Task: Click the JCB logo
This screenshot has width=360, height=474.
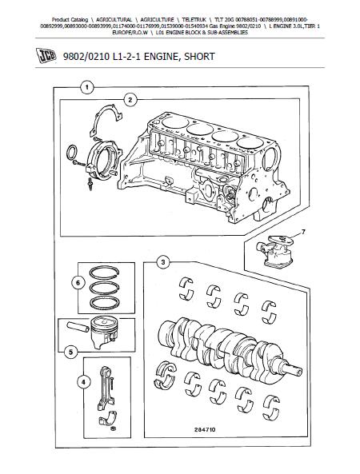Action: [46, 56]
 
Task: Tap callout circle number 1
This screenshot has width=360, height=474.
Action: [87, 88]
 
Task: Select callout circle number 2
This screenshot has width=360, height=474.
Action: [130, 100]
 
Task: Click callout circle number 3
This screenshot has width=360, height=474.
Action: [163, 262]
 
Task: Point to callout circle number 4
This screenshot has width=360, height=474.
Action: [84, 382]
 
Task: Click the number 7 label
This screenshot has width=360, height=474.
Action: [303, 232]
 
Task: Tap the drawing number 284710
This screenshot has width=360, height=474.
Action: [205, 429]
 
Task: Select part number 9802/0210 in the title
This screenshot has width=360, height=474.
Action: [86, 56]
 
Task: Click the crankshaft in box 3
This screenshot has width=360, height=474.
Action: [230, 349]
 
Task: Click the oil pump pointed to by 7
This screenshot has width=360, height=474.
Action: [275, 250]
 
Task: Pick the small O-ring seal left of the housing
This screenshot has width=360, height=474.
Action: [72, 153]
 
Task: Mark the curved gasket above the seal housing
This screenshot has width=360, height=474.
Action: [100, 118]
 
